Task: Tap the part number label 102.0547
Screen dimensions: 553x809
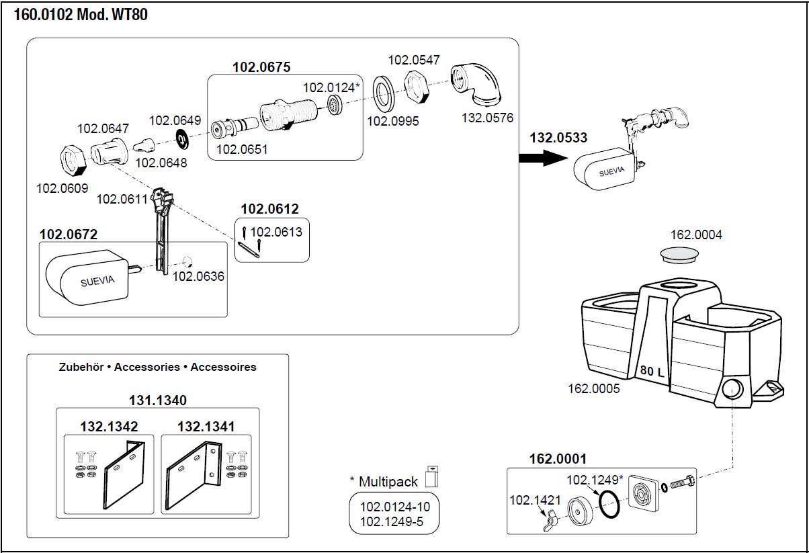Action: (x=414, y=60)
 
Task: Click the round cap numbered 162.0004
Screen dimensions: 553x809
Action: (x=679, y=255)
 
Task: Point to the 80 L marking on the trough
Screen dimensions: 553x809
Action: (x=652, y=371)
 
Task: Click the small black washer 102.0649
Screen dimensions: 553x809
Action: (x=182, y=138)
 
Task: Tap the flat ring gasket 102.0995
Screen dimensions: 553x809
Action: (x=385, y=92)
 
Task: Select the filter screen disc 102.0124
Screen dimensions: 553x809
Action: (x=333, y=104)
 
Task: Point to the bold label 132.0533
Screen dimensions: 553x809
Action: (x=558, y=138)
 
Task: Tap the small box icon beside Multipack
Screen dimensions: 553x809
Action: (x=432, y=475)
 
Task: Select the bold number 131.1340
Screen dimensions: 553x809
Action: (x=157, y=400)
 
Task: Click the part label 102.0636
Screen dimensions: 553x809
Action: (x=199, y=276)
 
